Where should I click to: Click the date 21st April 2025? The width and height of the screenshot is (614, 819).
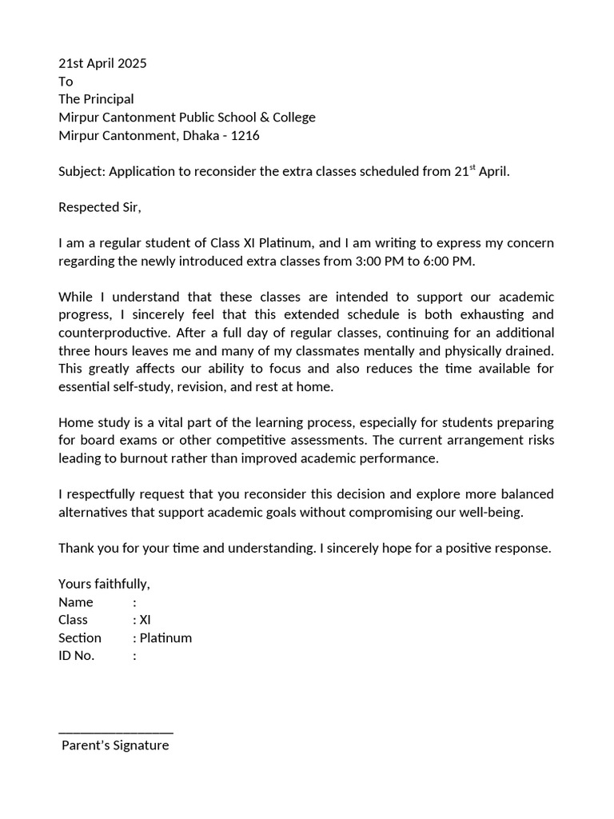[102, 64]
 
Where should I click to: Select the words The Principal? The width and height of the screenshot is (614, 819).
[96, 99]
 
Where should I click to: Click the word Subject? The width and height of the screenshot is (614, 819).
[82, 172]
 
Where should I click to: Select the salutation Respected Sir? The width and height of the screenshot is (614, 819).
[99, 208]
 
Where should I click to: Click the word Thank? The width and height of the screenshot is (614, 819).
[76, 548]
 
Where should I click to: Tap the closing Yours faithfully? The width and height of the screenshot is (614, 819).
[104, 584]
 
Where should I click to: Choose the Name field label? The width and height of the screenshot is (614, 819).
[76, 602]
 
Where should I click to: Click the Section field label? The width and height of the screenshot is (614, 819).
[80, 637]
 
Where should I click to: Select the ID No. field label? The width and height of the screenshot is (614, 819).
[77, 656]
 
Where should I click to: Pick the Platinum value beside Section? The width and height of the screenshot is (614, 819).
[165, 637]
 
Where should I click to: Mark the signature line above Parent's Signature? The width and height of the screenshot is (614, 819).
[116, 731]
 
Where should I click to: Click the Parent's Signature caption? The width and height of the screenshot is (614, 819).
[116, 745]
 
